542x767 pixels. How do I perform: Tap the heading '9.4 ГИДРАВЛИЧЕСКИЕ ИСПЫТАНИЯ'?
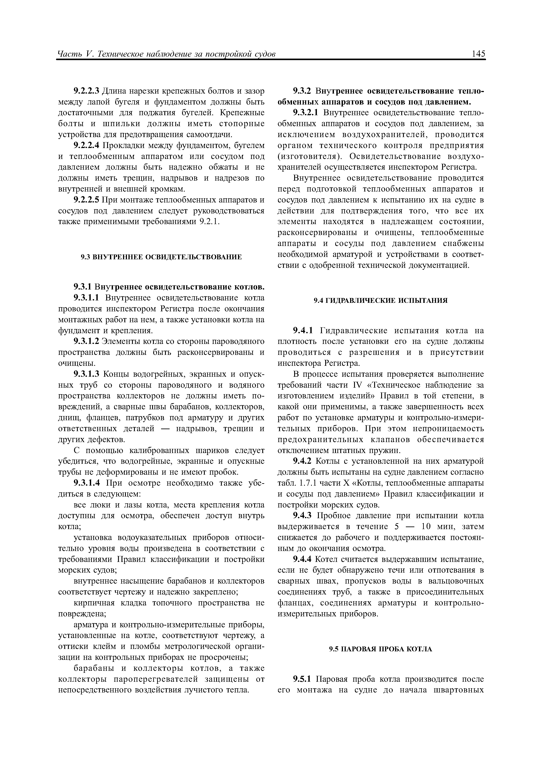380,300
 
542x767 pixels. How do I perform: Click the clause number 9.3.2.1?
306,113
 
